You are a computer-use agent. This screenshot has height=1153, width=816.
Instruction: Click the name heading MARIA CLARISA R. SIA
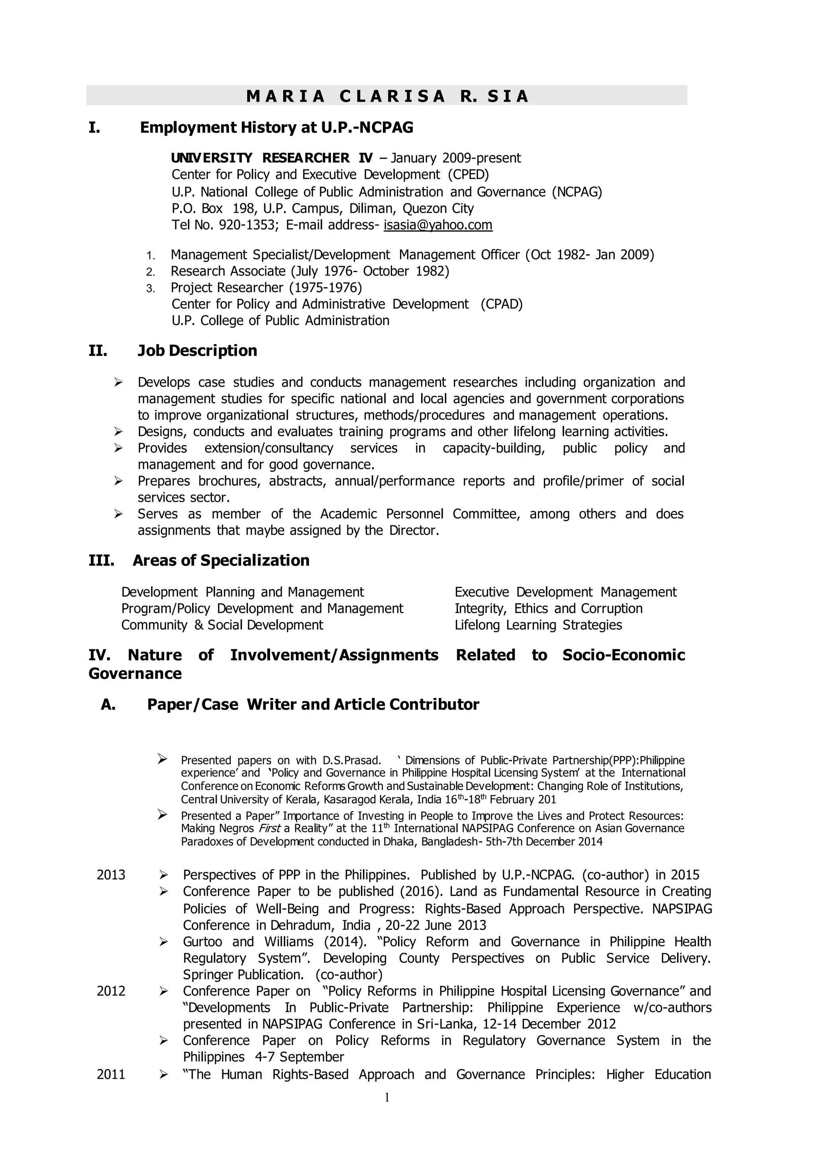click(387, 96)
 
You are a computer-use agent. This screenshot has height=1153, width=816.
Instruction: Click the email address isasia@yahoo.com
click(437, 225)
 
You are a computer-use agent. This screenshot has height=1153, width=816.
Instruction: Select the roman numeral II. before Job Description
click(98, 351)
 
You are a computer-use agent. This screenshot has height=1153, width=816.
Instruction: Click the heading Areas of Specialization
click(221, 561)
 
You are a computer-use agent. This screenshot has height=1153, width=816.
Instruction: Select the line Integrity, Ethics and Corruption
click(548, 609)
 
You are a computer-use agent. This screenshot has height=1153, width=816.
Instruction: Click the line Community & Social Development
click(222, 626)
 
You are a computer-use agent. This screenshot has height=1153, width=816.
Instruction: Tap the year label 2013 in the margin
click(111, 875)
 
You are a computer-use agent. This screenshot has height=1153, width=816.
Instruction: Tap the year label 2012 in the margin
click(111, 991)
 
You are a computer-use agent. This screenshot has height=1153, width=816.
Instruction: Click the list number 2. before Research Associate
click(151, 272)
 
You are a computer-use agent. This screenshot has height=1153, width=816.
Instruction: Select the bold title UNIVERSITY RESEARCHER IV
click(272, 158)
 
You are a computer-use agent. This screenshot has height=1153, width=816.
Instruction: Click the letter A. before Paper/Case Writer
click(108, 705)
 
